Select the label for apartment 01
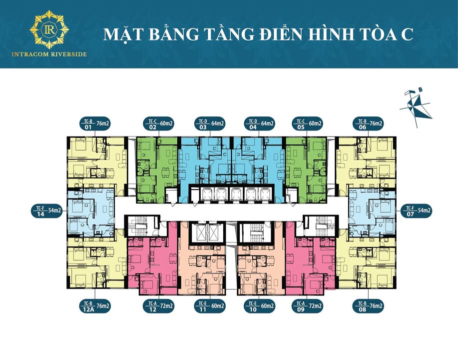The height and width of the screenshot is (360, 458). pos(95,123)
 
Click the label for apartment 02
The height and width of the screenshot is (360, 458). pos(158,123)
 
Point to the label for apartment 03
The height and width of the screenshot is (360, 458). pos(209,123)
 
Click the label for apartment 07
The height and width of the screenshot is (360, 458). pos(416,210)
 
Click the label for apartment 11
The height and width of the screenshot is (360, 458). pos(209,305)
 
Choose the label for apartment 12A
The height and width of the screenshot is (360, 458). pos(95,305)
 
